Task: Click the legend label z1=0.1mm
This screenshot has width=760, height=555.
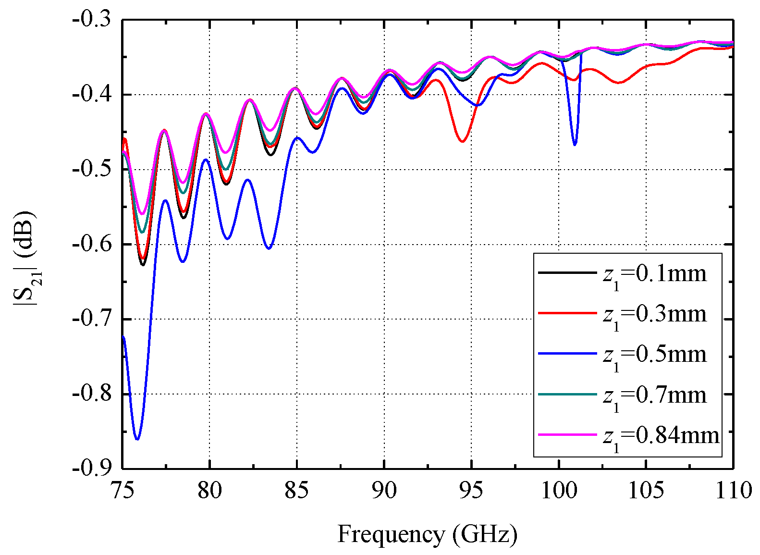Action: pyautogui.click(x=654, y=275)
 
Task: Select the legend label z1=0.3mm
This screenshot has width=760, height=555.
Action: pyautogui.click(x=654, y=315)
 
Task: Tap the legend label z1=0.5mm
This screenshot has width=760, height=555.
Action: pyautogui.click(x=654, y=356)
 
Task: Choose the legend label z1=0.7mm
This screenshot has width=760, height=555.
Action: pyautogui.click(x=654, y=396)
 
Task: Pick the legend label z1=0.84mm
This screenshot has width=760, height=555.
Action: pyautogui.click(x=661, y=436)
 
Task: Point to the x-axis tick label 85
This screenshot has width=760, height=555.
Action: pyautogui.click(x=296, y=491)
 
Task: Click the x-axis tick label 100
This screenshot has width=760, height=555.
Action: pyautogui.click(x=558, y=491)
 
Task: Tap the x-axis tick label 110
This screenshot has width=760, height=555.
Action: pyautogui.click(x=733, y=491)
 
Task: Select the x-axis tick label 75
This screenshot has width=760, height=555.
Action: pyautogui.click(x=123, y=491)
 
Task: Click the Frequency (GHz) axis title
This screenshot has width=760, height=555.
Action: pyautogui.click(x=427, y=534)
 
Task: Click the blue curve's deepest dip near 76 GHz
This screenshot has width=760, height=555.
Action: pyautogui.click(x=137, y=439)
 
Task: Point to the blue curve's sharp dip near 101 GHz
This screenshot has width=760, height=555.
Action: pyautogui.click(x=575, y=145)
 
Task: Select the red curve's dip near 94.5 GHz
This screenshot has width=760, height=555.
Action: pyautogui.click(x=462, y=142)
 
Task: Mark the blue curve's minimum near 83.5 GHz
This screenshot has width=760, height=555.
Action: pyautogui.click(x=269, y=248)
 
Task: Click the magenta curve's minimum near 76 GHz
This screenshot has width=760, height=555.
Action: pyautogui.click(x=142, y=214)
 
